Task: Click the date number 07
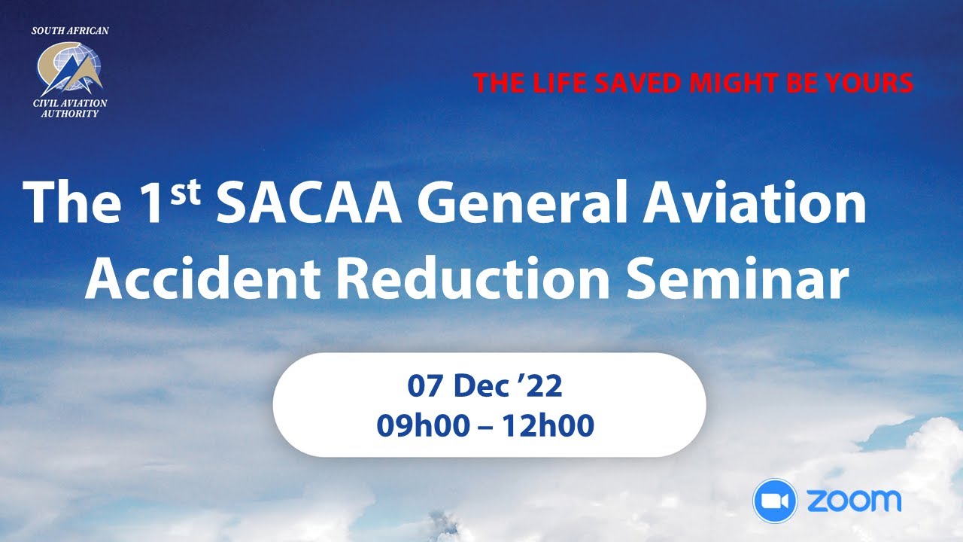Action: click(x=425, y=387)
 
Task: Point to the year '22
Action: click(x=544, y=387)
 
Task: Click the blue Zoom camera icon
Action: click(x=775, y=501)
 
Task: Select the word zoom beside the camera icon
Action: click(x=853, y=501)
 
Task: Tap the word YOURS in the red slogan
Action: click(x=867, y=83)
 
